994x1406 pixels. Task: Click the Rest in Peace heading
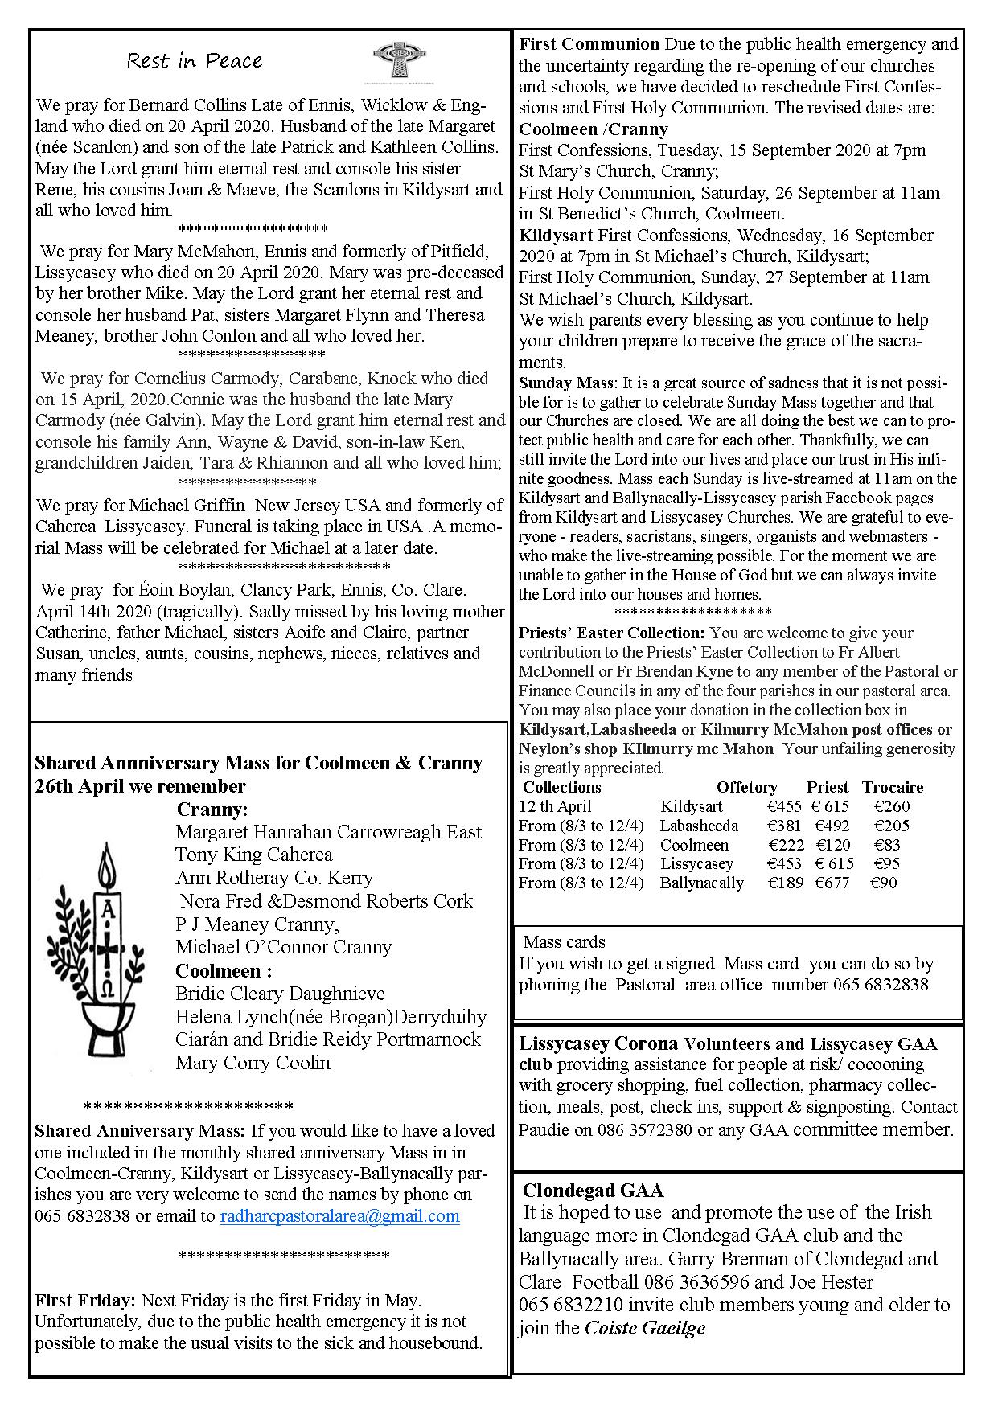[195, 61]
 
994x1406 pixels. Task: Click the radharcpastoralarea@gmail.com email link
[339, 1215]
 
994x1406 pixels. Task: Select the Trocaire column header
[892, 787]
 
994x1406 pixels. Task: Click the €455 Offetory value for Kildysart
[784, 806]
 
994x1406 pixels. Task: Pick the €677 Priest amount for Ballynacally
[832, 883]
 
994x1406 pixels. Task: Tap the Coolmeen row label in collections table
[694, 845]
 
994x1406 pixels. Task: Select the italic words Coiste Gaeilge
[644, 1328]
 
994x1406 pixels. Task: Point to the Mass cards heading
[564, 942]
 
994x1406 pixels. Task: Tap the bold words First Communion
[589, 44]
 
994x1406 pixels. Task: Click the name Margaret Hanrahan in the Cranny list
[253, 832]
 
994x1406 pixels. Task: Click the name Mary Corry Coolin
[253, 1063]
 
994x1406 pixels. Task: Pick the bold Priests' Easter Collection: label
[611, 633]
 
